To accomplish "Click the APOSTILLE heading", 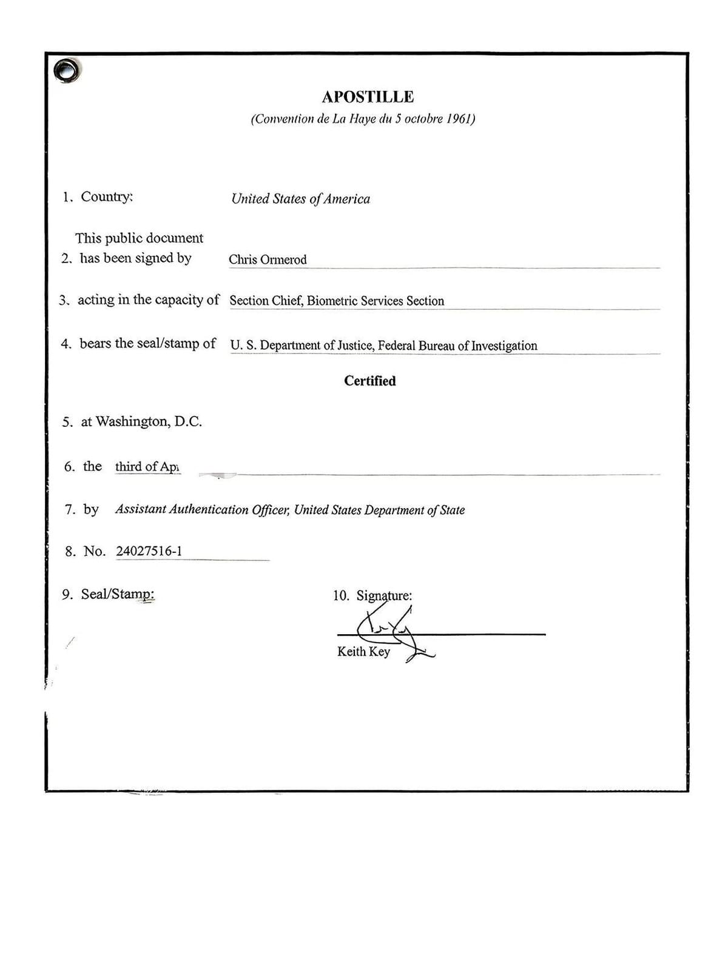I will coord(368,97).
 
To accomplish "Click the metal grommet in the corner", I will coord(66,71).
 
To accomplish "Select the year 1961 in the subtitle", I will coord(460,119).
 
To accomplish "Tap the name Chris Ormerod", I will coord(268,259).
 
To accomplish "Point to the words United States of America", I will coord(300,199).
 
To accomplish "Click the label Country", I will coord(106,197).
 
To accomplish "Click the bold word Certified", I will coord(369,381).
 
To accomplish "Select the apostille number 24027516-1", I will coord(149,551).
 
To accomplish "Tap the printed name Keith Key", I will coord(363,652).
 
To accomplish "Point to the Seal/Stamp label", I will coord(117,594).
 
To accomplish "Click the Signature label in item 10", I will coord(383,596).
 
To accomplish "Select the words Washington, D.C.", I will coord(149,421).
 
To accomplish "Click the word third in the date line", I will coord(128,466).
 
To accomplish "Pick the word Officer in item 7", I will coord(270,510).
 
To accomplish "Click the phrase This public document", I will coord(139,238).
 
